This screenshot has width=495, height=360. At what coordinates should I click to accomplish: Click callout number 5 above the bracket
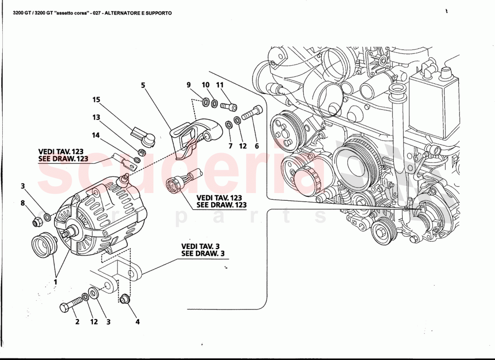coord(143,84)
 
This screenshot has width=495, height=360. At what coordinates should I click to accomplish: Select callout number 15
coord(96,99)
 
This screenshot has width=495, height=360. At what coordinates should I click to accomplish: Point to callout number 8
coord(23,203)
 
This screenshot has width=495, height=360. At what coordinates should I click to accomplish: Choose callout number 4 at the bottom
coord(138,322)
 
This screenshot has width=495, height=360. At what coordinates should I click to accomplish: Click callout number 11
coord(220,85)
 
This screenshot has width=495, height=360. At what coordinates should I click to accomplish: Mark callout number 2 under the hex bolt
coord(77,322)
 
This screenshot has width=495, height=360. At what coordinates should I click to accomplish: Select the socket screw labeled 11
coord(229,106)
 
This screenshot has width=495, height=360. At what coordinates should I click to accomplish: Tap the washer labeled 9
coord(206,103)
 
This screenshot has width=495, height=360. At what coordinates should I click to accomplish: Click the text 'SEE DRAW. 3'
coord(202,254)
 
